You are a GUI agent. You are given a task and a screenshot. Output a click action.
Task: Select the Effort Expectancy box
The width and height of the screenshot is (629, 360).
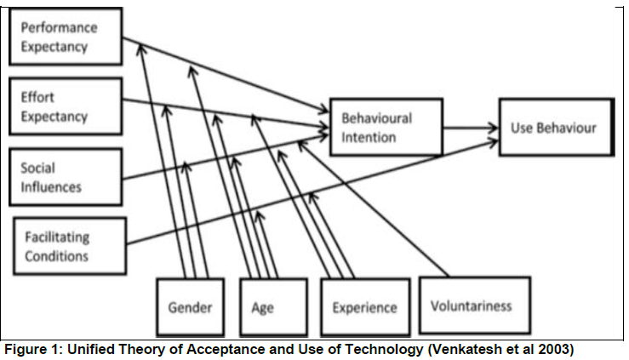64,106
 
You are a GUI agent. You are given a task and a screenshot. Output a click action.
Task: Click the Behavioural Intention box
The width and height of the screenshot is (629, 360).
386,128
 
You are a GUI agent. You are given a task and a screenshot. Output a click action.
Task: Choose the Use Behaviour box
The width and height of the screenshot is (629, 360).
553,128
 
